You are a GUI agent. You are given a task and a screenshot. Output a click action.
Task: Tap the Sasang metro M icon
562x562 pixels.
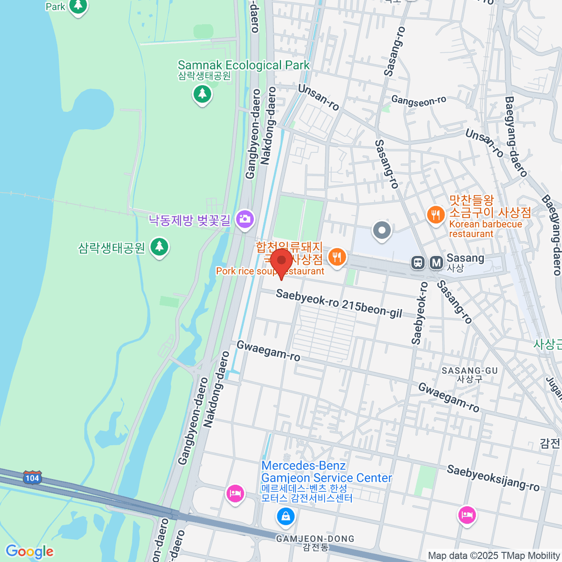pyautogui.click(x=436, y=263)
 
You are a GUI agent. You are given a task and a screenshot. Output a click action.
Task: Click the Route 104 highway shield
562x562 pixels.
pyautogui.click(x=32, y=478)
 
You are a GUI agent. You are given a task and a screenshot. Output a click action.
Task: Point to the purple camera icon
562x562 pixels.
pyautogui.click(x=245, y=219)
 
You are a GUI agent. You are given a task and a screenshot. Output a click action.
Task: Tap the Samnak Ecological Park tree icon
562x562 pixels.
pyautogui.click(x=202, y=94)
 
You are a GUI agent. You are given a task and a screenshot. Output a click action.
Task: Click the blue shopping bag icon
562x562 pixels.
pyautogui.click(x=285, y=517)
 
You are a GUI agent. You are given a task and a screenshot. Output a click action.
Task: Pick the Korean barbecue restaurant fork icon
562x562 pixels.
pyautogui.click(x=436, y=215)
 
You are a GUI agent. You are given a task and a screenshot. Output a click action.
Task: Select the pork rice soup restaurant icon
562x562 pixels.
pyautogui.click(x=337, y=257)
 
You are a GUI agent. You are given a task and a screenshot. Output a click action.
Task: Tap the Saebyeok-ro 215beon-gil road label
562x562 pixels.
pyautogui.click(x=339, y=303)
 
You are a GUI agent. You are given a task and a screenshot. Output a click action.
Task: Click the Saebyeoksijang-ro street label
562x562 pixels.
pyautogui.click(x=493, y=478)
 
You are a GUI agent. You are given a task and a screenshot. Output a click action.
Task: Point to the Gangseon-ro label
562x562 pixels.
pyautogui.click(x=419, y=100)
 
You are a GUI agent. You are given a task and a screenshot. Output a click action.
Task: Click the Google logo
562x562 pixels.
pyautogui.click(x=30, y=552)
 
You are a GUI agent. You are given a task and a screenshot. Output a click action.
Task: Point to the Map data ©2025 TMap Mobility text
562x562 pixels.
pyautogui.click(x=494, y=556)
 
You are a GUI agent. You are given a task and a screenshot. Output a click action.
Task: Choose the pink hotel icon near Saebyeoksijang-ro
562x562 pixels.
pyautogui.click(x=467, y=516)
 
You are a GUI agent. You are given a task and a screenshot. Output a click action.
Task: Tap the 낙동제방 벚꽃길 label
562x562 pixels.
pyautogui.click(x=190, y=220)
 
